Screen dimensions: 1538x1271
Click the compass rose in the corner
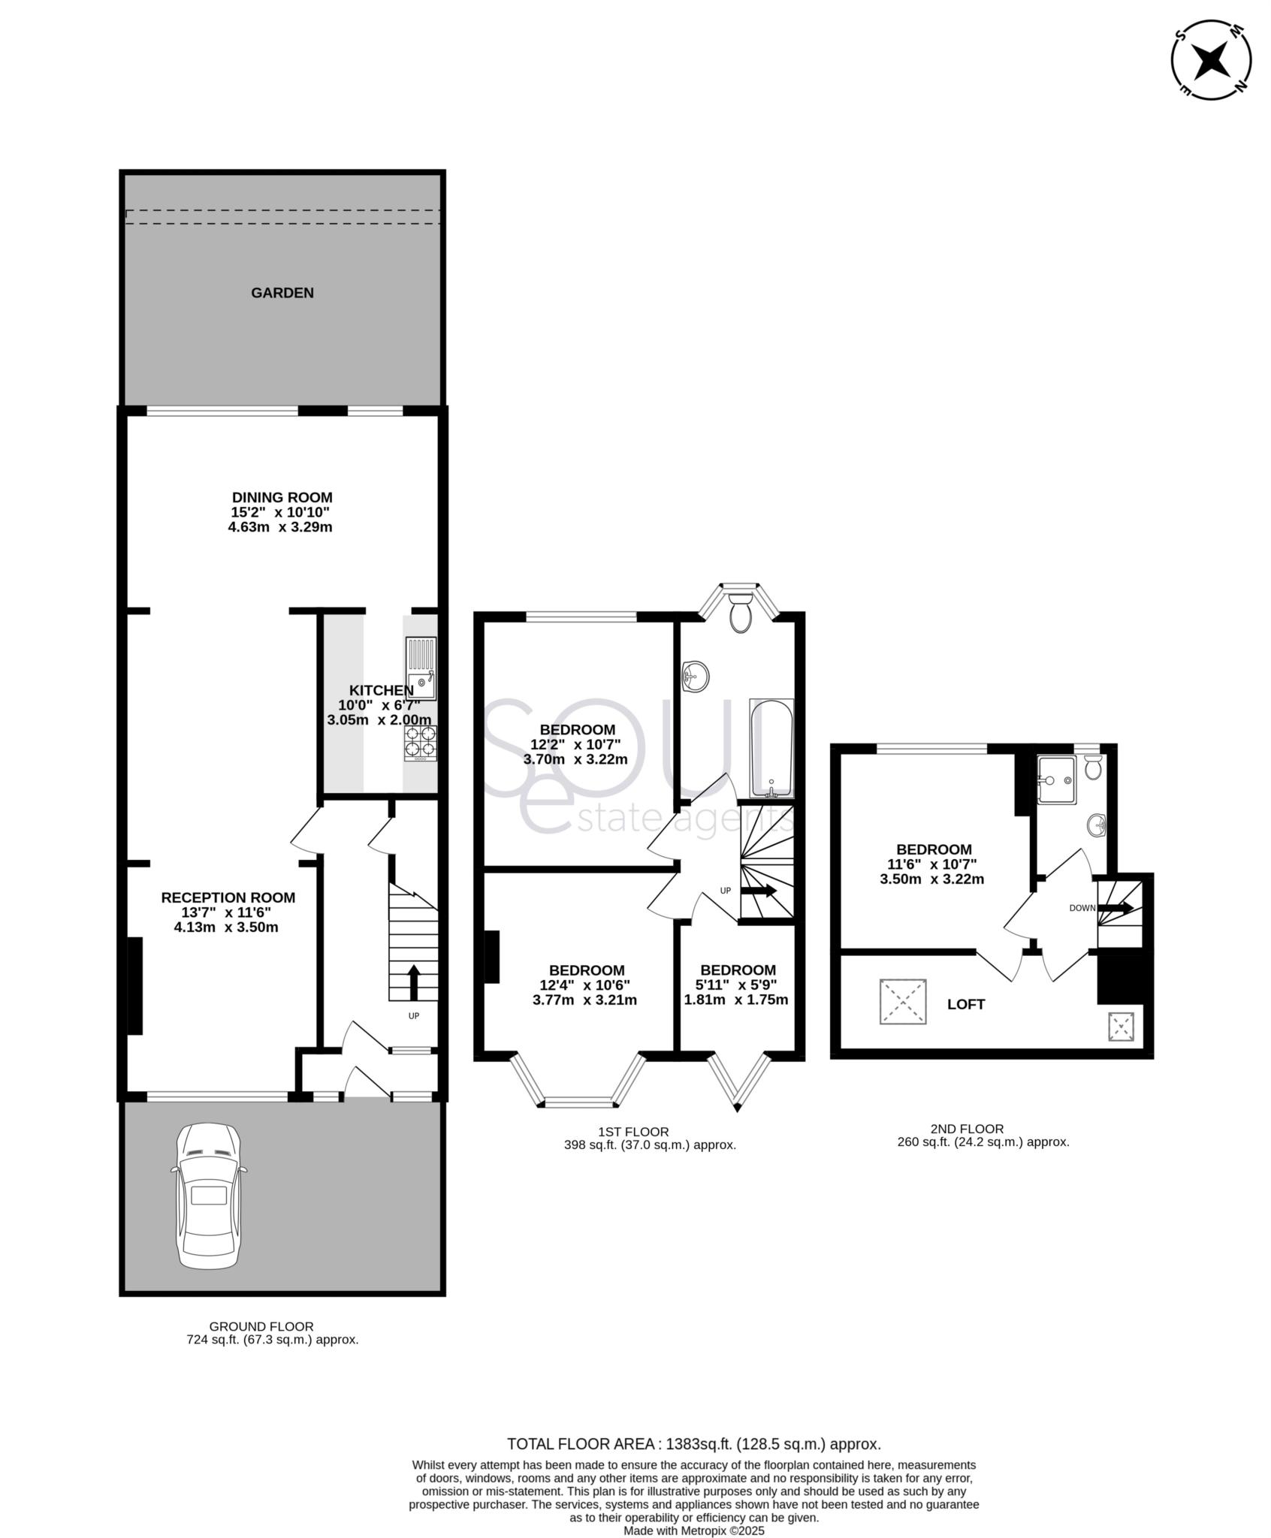(1211, 60)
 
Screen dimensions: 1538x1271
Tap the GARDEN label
(282, 293)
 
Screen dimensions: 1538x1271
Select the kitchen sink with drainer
(421, 668)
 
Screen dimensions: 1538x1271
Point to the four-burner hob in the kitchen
(421, 742)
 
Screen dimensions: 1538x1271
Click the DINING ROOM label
(282, 497)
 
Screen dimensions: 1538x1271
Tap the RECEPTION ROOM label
(228, 897)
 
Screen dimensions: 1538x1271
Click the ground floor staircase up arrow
(413, 982)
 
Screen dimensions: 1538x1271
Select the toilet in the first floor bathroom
(741, 613)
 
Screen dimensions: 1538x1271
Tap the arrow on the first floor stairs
(759, 891)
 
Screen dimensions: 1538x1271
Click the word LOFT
(965, 1005)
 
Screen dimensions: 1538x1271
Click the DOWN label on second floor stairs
(1082, 908)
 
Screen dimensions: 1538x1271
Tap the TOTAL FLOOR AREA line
(693, 1443)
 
